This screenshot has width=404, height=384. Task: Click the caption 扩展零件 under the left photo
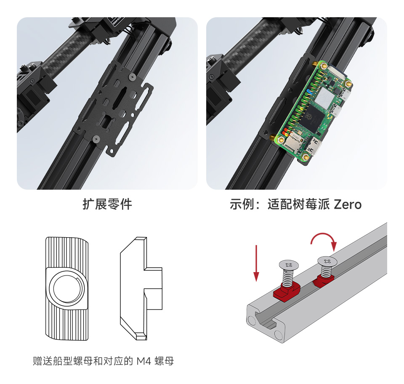tap(107, 204)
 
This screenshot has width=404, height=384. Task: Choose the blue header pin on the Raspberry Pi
tap(309, 90)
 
